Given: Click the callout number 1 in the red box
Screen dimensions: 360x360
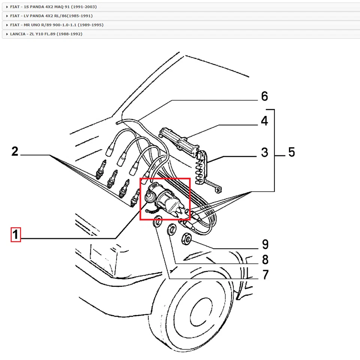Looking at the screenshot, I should (x=15, y=235).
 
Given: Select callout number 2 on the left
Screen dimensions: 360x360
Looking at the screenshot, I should (x=15, y=151).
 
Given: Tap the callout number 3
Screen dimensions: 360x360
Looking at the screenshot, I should (x=264, y=152).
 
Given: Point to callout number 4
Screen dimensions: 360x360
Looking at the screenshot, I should (x=264, y=121).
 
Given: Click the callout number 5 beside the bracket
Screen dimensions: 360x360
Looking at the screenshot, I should (x=291, y=152).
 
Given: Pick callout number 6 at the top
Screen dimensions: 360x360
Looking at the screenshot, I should (x=264, y=96).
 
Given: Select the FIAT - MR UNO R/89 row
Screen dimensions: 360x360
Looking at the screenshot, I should (x=56, y=25).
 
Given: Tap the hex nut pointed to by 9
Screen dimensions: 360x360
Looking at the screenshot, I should (x=186, y=238).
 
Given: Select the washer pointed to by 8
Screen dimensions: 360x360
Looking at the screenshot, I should (x=171, y=229).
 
